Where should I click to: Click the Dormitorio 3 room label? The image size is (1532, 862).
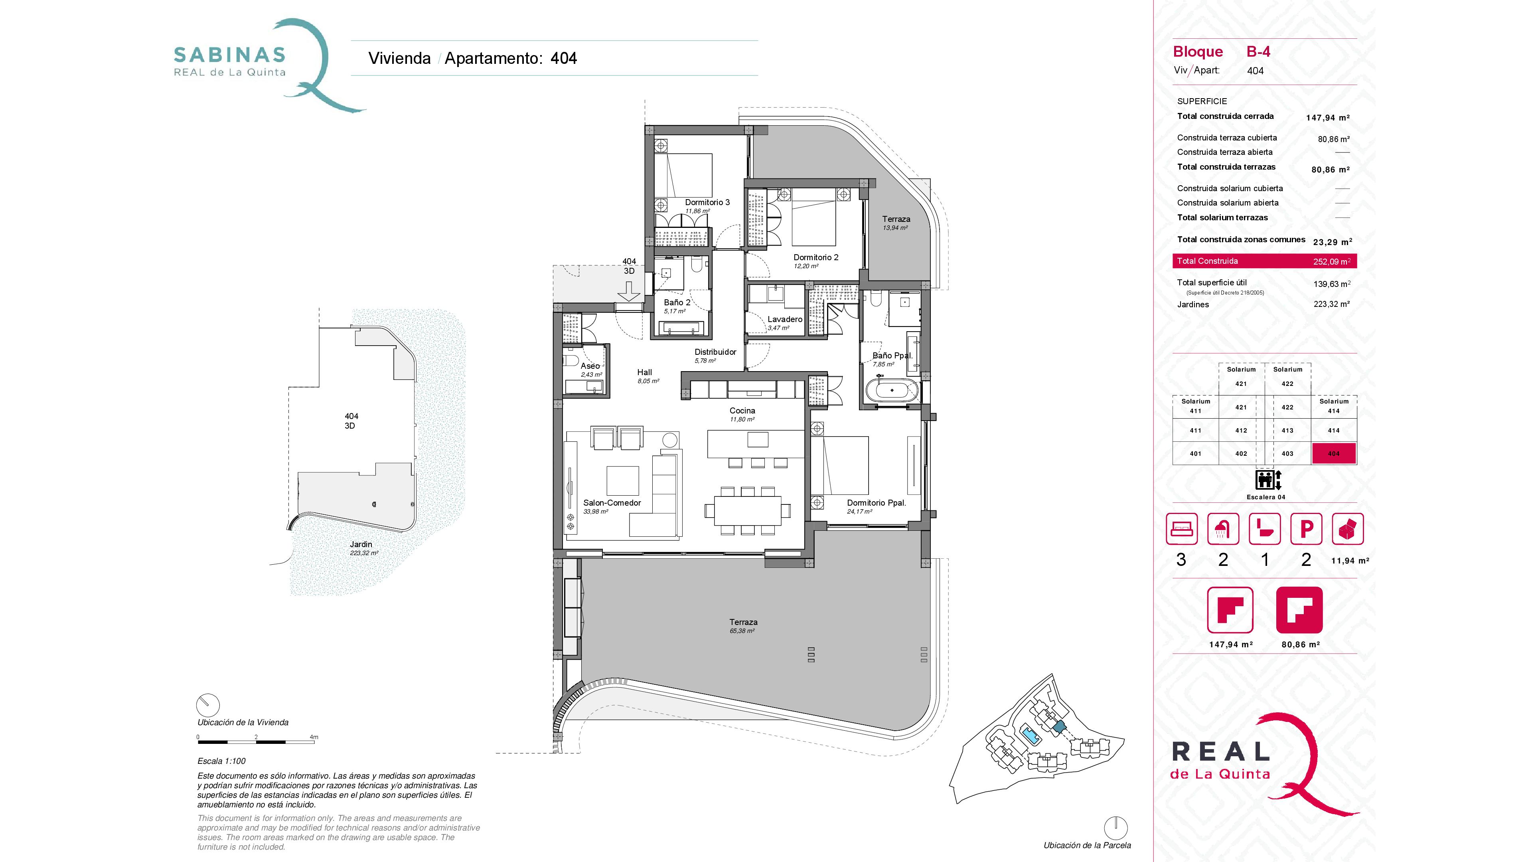point(707,202)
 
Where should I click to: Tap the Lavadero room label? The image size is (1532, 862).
point(785,319)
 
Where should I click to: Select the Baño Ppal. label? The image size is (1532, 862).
point(892,356)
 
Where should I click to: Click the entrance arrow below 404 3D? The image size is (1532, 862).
point(629,291)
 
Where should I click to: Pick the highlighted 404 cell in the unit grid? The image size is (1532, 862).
point(1334,453)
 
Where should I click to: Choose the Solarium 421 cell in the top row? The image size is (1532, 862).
point(1241,377)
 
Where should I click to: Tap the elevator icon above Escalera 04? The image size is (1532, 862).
point(1267,479)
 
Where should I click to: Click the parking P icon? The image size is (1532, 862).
point(1306,529)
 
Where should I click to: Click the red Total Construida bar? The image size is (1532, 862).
point(1264,261)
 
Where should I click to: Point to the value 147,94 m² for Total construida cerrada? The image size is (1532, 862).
point(1327,118)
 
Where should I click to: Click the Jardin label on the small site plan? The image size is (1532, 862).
point(361,544)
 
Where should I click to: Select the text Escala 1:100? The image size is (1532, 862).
point(221,761)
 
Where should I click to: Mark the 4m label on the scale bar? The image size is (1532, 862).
point(314,737)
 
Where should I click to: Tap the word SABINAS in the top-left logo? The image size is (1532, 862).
point(229,55)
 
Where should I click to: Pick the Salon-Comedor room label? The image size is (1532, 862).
point(612,503)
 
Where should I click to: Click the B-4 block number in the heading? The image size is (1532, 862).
point(1258,52)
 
